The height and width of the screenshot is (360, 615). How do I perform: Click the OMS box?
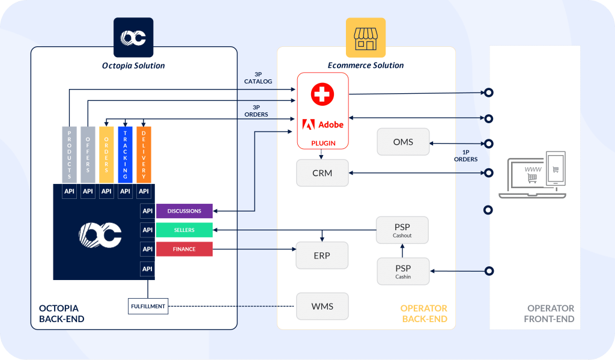click(x=403, y=142)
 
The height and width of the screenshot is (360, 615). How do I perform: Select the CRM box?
click(x=323, y=172)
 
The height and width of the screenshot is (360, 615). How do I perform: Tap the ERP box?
click(x=322, y=255)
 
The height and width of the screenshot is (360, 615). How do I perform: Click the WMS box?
click(x=323, y=307)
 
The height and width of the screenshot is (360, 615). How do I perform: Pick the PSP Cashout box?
click(x=402, y=230)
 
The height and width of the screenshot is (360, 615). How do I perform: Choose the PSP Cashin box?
click(x=403, y=271)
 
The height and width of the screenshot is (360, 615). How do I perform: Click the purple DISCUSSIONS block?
click(x=184, y=211)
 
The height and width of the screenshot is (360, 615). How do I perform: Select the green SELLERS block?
click(x=184, y=230)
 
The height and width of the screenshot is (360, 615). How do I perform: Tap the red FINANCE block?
click(x=184, y=249)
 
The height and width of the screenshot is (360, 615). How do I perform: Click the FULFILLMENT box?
click(x=148, y=307)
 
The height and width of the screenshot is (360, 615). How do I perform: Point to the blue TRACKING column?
click(x=125, y=154)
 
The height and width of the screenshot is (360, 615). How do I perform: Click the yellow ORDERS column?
click(x=106, y=154)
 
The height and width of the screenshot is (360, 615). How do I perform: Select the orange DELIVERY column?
click(x=144, y=154)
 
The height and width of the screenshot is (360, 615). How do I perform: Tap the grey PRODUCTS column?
click(x=70, y=154)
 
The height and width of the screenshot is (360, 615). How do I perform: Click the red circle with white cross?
click(x=323, y=94)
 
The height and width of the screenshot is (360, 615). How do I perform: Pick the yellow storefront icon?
click(x=366, y=38)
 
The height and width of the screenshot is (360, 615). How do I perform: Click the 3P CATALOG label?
click(x=258, y=78)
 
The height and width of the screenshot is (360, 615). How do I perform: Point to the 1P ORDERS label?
click(x=465, y=156)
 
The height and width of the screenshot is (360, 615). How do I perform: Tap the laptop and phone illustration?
click(x=532, y=175)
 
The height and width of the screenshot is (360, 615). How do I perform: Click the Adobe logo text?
click(x=331, y=125)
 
